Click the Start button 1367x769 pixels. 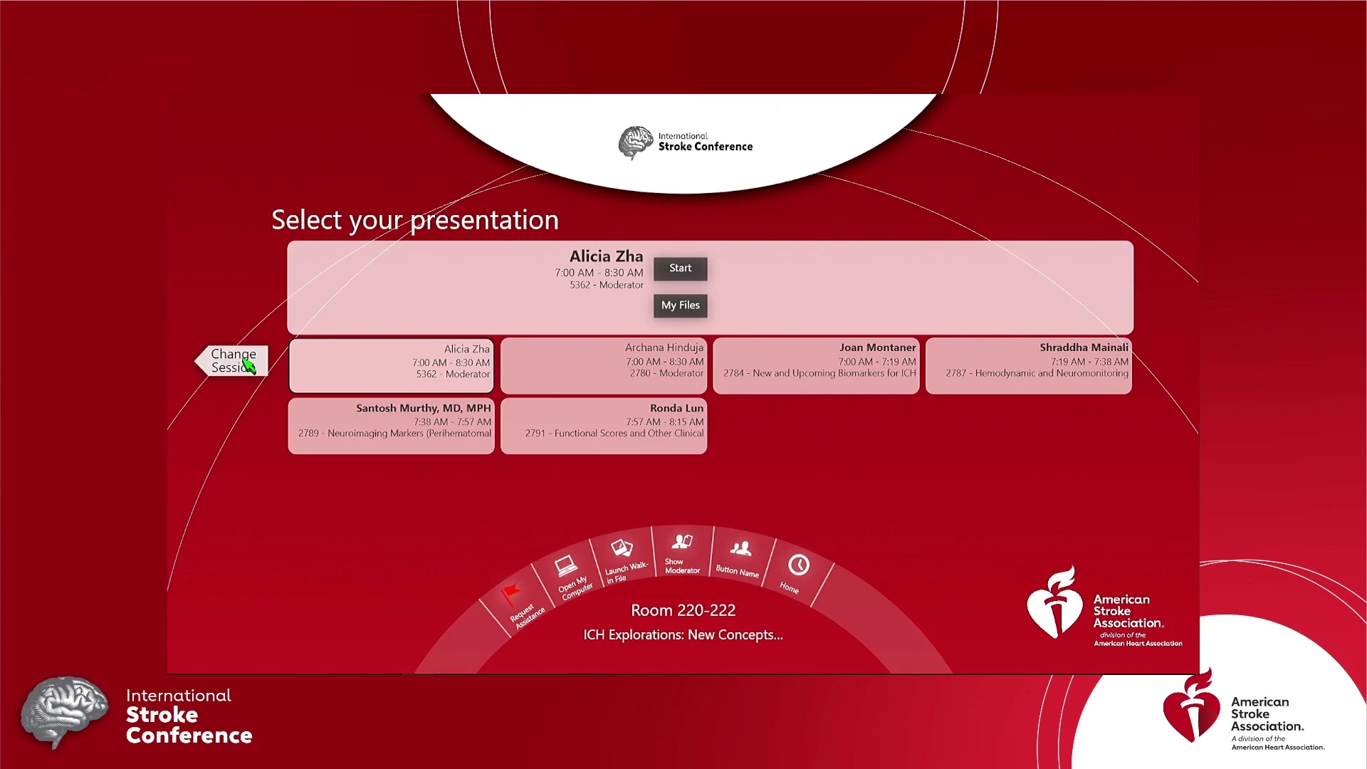pyautogui.click(x=680, y=268)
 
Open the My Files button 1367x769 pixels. pyautogui.click(x=680, y=305)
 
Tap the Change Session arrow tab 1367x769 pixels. pyautogui.click(x=232, y=360)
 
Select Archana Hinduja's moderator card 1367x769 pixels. pyautogui.click(x=604, y=366)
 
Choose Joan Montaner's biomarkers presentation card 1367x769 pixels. pyautogui.click(x=816, y=366)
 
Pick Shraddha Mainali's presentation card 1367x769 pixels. pyautogui.click(x=1029, y=366)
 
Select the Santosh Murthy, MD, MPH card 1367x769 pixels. pyautogui.click(x=392, y=426)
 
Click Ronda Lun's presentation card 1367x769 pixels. pyautogui.click(x=604, y=426)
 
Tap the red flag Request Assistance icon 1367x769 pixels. pyautogui.click(x=510, y=593)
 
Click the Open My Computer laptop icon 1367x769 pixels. pyautogui.click(x=566, y=566)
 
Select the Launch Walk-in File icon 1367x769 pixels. pyautogui.click(x=622, y=548)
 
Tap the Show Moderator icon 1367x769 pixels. pyautogui.click(x=682, y=542)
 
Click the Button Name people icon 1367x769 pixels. pyautogui.click(x=740, y=548)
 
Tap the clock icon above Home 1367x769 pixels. pyautogui.click(x=799, y=565)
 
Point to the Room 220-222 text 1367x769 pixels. pyautogui.click(x=683, y=610)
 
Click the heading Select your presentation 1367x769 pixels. pyautogui.click(x=415, y=220)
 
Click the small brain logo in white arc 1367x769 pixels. pyautogui.click(x=635, y=142)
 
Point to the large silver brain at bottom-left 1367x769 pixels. pyautogui.click(x=65, y=712)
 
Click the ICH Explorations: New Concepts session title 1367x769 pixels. pyautogui.click(x=683, y=634)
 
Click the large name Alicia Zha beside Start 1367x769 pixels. pyautogui.click(x=606, y=256)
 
